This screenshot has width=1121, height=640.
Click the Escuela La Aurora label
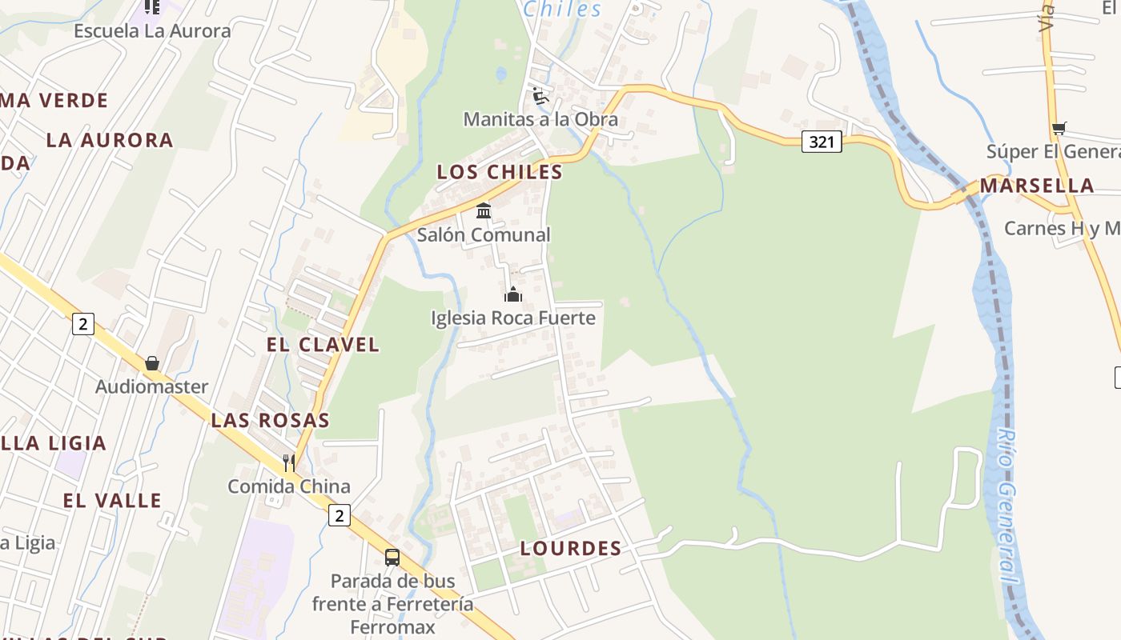152,31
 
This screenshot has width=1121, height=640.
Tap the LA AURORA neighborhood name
110,140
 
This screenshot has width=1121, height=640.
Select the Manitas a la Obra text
540,119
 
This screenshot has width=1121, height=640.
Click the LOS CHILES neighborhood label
500,172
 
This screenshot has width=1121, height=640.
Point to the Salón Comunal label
484,234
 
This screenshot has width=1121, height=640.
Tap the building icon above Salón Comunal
484,211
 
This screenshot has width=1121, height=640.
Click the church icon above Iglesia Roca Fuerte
513,295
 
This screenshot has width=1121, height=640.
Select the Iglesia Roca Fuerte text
513,318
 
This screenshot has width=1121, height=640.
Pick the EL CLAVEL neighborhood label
323,345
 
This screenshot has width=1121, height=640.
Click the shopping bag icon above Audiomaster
152,364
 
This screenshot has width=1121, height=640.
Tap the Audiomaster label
152,386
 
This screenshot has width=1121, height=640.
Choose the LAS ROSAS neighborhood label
271,420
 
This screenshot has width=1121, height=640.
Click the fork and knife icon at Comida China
288,462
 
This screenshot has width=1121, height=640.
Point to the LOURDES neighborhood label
571,548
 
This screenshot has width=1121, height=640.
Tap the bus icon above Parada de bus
392,558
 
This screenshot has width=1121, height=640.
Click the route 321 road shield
822,142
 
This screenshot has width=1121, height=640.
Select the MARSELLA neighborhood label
1037,186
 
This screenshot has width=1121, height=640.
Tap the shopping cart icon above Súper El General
1059,128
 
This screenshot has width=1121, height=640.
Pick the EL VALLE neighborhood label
113,501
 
